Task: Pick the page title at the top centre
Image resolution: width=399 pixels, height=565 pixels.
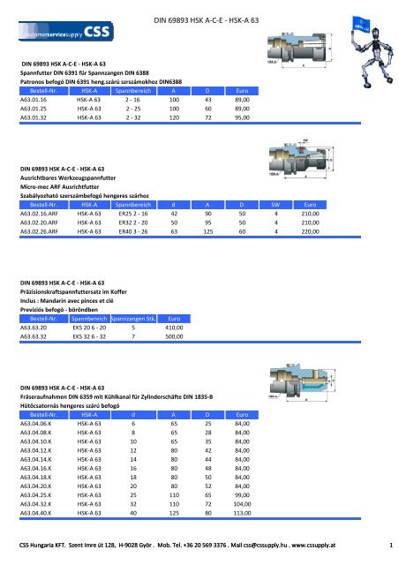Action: pos(231,18)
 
